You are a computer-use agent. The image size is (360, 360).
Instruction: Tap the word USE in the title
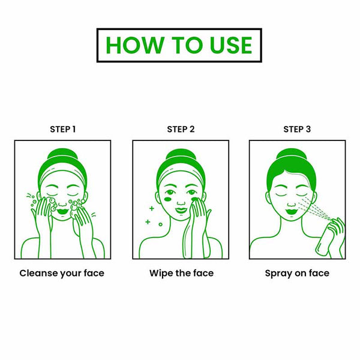click(231, 45)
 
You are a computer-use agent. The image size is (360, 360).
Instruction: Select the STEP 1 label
click(62, 129)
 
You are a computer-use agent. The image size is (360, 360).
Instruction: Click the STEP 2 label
click(181, 129)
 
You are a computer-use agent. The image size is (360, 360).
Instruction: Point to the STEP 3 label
click(297, 129)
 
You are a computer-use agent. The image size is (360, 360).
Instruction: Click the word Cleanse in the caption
click(39, 273)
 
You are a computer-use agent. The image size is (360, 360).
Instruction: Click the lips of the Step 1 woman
click(61, 211)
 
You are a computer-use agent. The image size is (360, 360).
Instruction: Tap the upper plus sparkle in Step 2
click(152, 208)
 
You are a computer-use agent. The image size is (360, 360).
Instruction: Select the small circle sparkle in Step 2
click(160, 224)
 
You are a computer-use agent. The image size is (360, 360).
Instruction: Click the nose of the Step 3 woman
click(292, 204)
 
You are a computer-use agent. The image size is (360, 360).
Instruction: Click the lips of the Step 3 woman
click(291, 211)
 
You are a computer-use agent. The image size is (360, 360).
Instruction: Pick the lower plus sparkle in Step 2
click(148, 222)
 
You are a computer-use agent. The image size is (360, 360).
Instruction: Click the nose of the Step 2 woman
click(181, 203)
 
